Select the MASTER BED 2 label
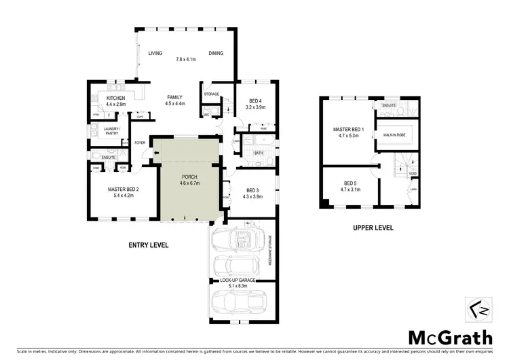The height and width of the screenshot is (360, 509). coord(123,189)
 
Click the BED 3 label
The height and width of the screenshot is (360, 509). coord(252,190)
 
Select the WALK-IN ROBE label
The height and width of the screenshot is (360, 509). coord(394,134)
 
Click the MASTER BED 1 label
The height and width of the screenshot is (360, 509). coord(348,129)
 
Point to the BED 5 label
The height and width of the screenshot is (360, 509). coord(350,183)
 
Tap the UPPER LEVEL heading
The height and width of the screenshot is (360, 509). coord(373,228)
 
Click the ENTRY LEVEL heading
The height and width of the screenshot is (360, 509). coord(148,245)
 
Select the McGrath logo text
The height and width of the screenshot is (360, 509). coord(449,337)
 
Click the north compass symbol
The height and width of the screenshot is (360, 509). coord(478,310)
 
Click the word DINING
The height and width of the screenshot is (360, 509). coord(216,53)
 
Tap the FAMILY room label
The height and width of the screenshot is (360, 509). coord(175,97)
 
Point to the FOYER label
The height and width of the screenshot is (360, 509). coord(140,143)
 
